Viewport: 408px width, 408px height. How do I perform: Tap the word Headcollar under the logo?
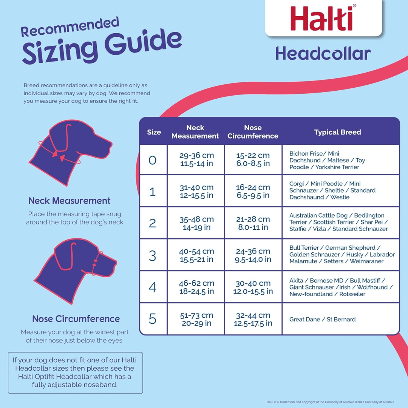click(323, 54)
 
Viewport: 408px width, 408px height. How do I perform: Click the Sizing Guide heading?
click(102, 47)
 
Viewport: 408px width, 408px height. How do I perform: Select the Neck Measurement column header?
click(195, 132)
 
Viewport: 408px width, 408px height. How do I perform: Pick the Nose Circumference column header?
click(253, 132)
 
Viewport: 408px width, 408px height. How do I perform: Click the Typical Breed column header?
click(337, 132)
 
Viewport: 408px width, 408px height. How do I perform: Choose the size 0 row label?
click(153, 160)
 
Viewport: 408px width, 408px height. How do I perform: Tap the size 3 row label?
click(153, 256)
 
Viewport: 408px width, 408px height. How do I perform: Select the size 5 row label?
click(153, 319)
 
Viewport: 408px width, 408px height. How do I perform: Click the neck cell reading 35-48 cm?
click(196, 223)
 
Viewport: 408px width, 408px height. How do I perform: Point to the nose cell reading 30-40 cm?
click(253, 287)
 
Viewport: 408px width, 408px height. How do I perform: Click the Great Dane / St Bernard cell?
click(322, 320)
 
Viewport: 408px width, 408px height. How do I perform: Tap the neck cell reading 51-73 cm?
click(196, 319)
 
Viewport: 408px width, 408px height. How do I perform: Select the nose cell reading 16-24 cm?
click(253, 191)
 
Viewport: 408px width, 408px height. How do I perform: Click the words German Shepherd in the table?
click(350, 248)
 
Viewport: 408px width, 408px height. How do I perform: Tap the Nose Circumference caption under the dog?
click(76, 319)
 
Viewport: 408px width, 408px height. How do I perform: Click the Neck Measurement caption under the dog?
click(70, 201)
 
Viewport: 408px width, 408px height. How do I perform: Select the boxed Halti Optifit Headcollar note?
click(76, 373)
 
